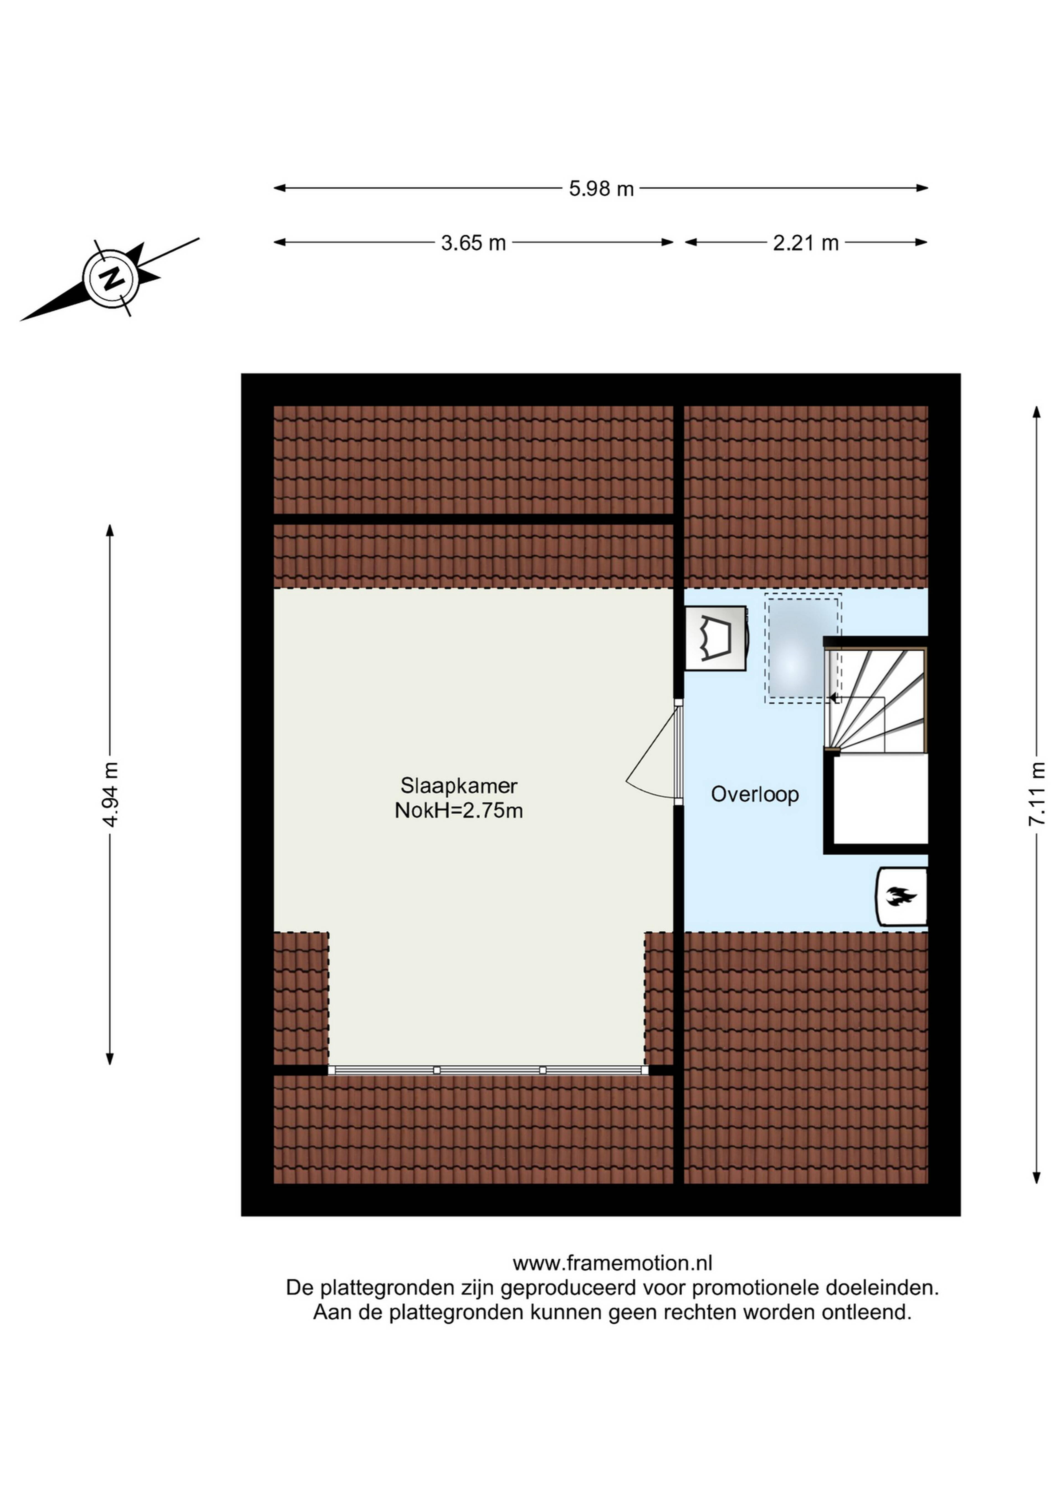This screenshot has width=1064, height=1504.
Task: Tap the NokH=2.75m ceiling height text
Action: tap(459, 811)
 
